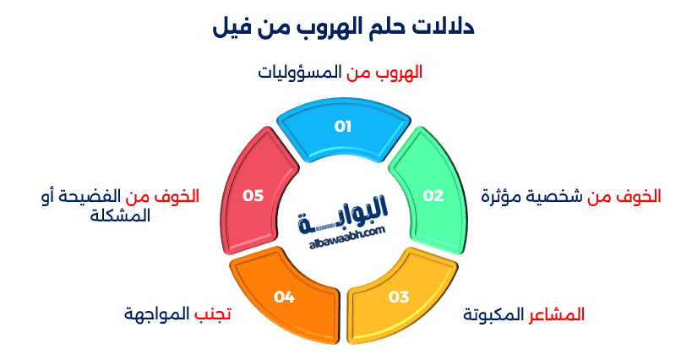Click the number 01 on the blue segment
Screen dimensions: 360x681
[342, 127]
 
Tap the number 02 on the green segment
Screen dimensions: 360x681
[433, 195]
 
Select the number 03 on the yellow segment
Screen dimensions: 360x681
[399, 297]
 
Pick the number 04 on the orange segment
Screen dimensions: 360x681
[284, 297]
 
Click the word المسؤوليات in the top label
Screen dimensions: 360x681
[299, 73]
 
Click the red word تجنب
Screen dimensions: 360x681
[213, 315]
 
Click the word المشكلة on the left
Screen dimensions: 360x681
[120, 215]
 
